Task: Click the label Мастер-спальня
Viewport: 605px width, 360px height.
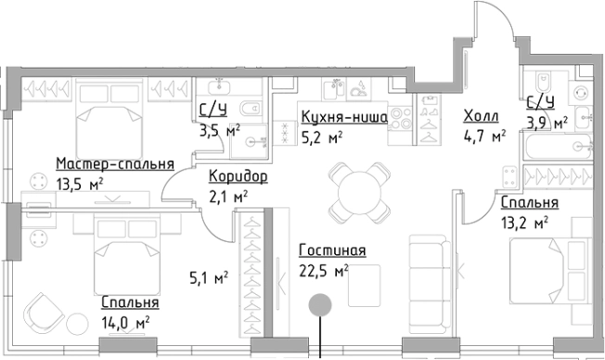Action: [x=114, y=163]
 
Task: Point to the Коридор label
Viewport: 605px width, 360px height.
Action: [x=238, y=177]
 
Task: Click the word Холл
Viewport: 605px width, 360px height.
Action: [x=480, y=116]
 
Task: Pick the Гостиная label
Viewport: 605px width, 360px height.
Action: [x=332, y=251]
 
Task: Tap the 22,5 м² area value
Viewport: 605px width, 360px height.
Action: [x=324, y=270]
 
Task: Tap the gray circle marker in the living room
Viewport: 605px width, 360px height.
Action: [x=320, y=303]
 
